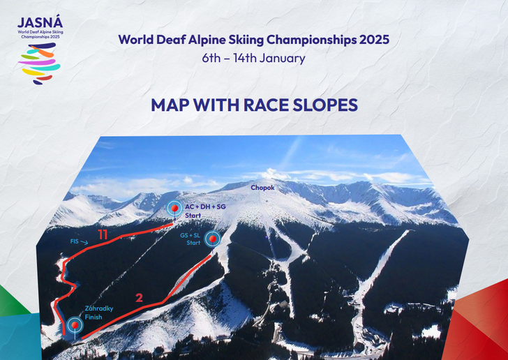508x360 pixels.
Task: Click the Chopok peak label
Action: [x=262, y=188]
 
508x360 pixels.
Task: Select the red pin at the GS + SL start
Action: [x=213, y=239]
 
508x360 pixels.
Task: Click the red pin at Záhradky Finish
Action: [x=75, y=324]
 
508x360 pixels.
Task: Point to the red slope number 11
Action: [x=103, y=234]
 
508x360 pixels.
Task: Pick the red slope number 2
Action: [x=139, y=298]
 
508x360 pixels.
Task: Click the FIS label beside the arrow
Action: [x=75, y=241]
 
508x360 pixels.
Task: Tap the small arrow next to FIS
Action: [x=84, y=242]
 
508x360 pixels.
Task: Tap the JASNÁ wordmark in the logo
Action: [x=40, y=22]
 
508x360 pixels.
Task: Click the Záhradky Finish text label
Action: [x=99, y=313]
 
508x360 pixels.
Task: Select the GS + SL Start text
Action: [x=190, y=239]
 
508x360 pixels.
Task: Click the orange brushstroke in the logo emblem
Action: [x=42, y=52]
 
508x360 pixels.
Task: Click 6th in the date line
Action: [x=211, y=59]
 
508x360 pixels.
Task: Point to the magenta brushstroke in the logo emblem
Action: [x=36, y=61]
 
